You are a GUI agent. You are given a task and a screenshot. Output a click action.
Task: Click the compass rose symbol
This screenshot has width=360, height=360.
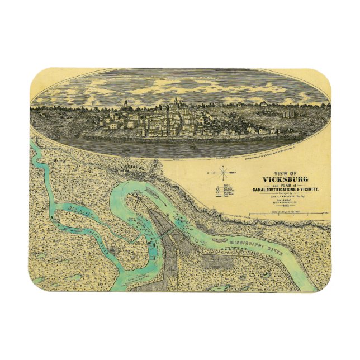click(224, 174)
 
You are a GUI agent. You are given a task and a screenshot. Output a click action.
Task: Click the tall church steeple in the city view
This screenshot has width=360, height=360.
click(176, 101)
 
